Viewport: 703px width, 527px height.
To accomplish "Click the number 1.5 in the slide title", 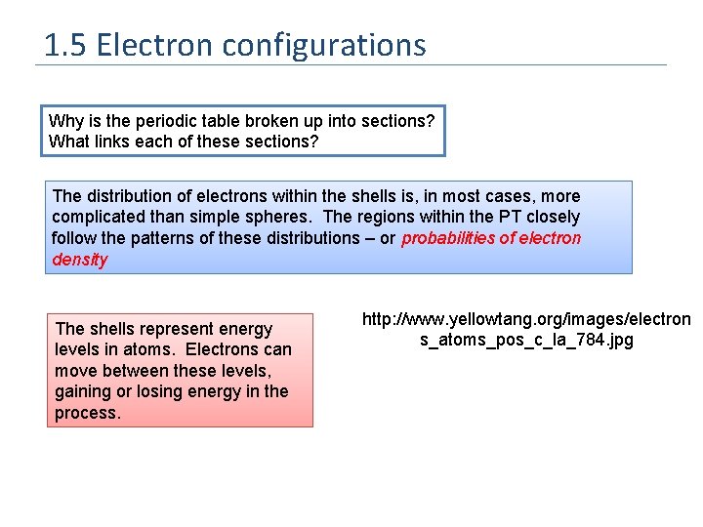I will [x=65, y=45].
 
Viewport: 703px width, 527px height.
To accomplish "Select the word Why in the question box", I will [x=65, y=121].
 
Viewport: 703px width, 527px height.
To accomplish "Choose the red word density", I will [x=80, y=260].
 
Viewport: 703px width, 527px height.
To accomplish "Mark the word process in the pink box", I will [x=88, y=413].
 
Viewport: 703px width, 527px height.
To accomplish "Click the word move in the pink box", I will [x=76, y=371].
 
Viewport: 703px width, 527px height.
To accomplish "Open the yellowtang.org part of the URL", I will [x=488, y=319].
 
